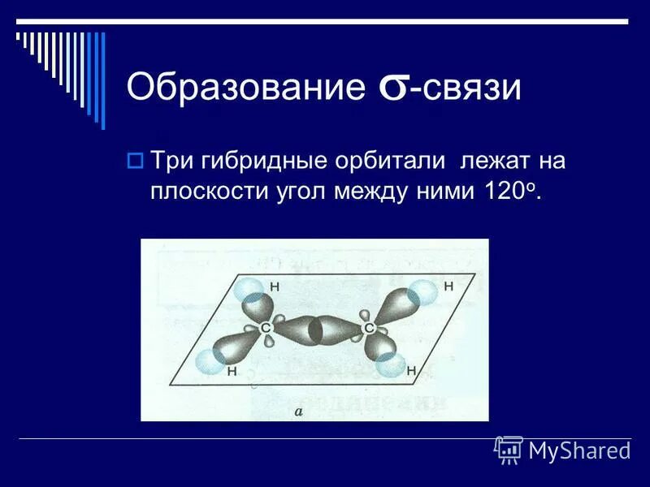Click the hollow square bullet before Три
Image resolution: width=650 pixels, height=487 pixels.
[135, 160]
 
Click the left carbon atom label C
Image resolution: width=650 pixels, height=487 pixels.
[266, 327]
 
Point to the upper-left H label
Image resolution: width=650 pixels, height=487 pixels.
[274, 287]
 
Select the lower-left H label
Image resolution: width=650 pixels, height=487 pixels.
[232, 371]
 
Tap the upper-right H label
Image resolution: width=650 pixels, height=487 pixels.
[448, 286]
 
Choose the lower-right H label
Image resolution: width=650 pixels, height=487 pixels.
[411, 371]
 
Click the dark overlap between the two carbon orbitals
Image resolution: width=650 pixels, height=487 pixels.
[318, 329]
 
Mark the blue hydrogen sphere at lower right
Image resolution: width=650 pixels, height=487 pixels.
[392, 364]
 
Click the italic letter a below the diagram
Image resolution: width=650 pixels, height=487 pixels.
[298, 412]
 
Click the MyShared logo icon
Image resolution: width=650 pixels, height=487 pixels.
[509, 449]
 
